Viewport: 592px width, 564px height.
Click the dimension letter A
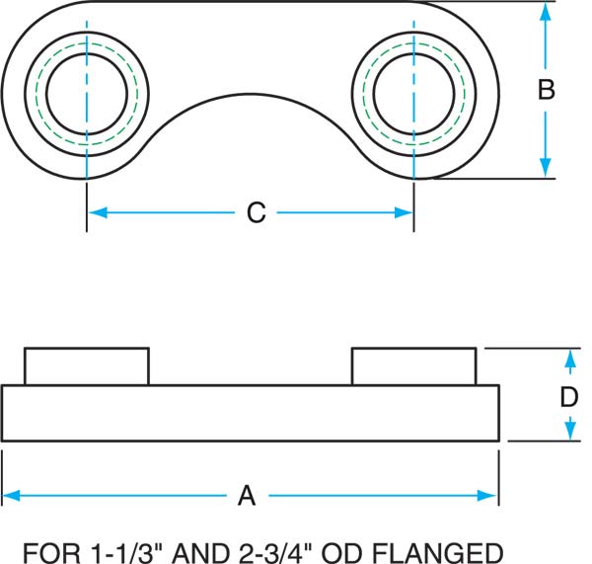[x=247, y=496]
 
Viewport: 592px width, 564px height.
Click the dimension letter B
[x=546, y=90]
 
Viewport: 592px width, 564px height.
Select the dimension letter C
[x=256, y=212]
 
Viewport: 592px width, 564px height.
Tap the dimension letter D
[x=569, y=397]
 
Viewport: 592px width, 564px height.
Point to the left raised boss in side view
[x=86, y=366]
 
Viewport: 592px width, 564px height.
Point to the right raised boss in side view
[x=414, y=366]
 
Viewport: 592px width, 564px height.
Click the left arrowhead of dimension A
[x=11, y=496]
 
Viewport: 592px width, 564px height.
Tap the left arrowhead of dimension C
[x=96, y=212]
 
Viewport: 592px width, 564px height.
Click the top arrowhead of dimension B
[x=546, y=11]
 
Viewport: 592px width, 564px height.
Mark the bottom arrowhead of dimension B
[x=546, y=170]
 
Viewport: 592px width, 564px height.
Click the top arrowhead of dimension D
[x=569, y=357]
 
